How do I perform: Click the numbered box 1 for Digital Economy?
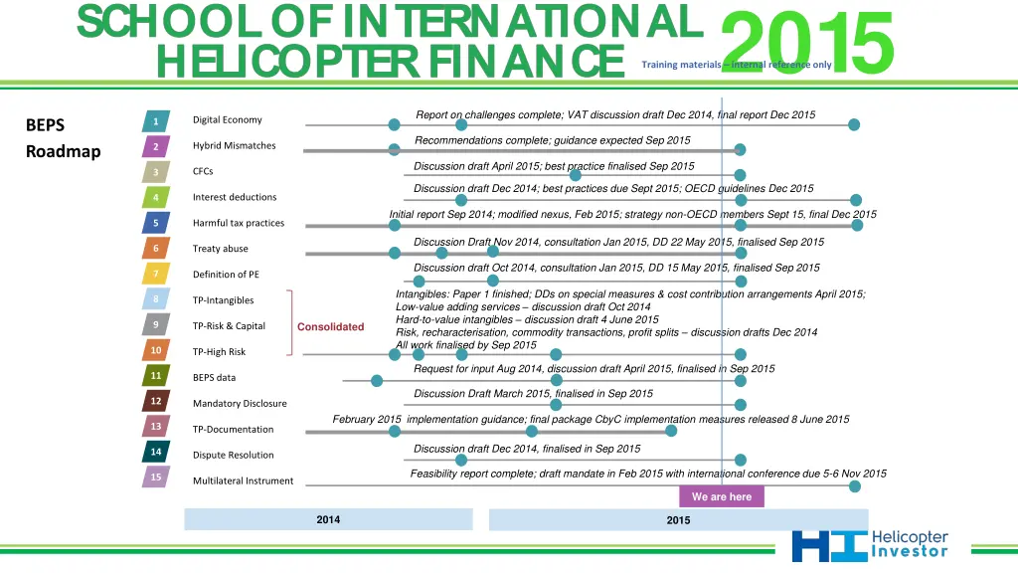click(156, 121)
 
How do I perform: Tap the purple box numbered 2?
click(156, 147)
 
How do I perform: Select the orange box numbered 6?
click(156, 249)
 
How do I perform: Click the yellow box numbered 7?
click(156, 274)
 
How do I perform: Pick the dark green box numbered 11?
click(156, 376)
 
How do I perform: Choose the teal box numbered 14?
click(156, 453)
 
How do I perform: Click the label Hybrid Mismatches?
click(234, 146)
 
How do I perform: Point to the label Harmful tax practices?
click(239, 223)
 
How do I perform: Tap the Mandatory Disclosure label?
click(240, 404)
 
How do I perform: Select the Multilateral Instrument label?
click(243, 481)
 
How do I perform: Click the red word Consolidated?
click(330, 327)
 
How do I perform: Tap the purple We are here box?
click(722, 496)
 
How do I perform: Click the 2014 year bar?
click(328, 520)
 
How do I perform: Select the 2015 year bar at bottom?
click(678, 520)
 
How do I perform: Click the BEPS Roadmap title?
click(63, 139)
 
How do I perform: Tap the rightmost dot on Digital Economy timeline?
click(854, 124)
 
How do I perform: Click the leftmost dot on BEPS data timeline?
click(377, 381)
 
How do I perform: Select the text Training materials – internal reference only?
click(737, 65)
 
